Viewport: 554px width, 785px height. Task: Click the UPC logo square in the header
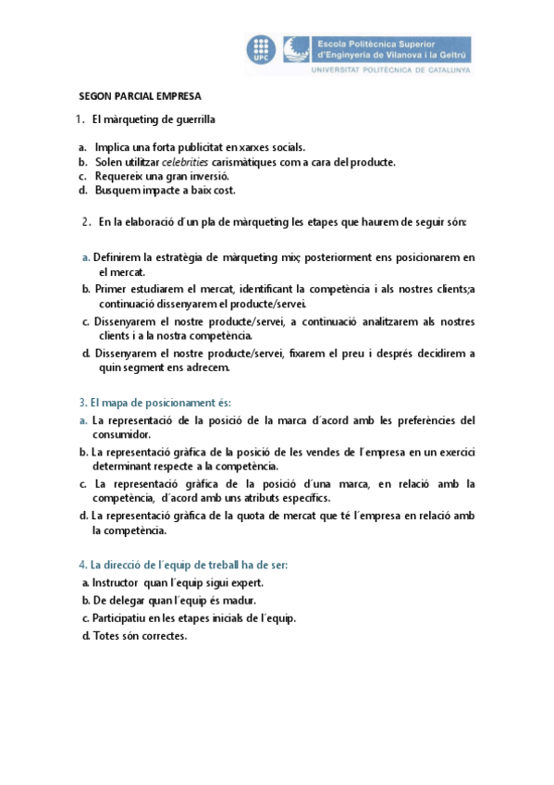[x=261, y=49]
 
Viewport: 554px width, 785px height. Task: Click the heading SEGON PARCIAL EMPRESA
[x=140, y=95]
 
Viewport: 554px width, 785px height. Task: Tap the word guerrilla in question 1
[x=189, y=119]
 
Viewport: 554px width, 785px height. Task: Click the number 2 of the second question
[x=85, y=222]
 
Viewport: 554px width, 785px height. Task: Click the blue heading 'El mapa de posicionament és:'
[x=154, y=403]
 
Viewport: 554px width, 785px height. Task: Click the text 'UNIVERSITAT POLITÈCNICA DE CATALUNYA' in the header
[x=391, y=70]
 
